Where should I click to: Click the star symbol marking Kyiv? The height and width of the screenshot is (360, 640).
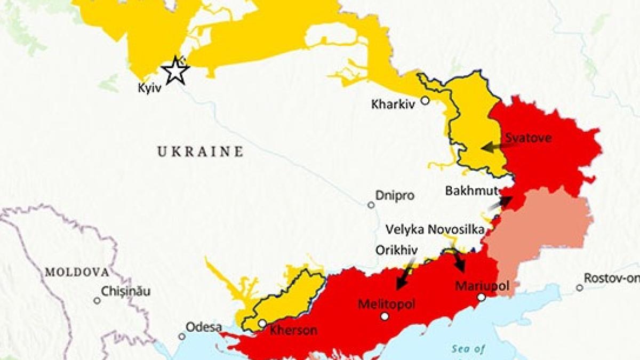(x=175, y=71)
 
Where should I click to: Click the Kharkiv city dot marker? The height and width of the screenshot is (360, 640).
(x=425, y=100)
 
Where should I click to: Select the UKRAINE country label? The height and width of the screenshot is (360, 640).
(x=201, y=152)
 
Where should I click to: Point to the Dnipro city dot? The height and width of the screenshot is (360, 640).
(x=371, y=205)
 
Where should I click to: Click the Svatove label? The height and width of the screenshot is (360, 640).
(x=528, y=138)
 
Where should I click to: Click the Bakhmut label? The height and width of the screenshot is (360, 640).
(x=471, y=190)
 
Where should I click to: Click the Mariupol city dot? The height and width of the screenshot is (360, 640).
(x=481, y=298)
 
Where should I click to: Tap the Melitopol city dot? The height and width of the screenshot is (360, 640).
(x=385, y=316)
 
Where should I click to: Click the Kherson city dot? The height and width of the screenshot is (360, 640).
(x=262, y=323)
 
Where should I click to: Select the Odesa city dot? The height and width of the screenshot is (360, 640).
(x=182, y=337)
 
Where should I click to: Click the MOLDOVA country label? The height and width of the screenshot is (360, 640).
(x=77, y=272)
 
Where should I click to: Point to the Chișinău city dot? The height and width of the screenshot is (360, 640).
(x=97, y=300)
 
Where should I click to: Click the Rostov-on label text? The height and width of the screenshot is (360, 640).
(x=611, y=278)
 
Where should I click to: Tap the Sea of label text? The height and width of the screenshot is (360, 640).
(x=468, y=349)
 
